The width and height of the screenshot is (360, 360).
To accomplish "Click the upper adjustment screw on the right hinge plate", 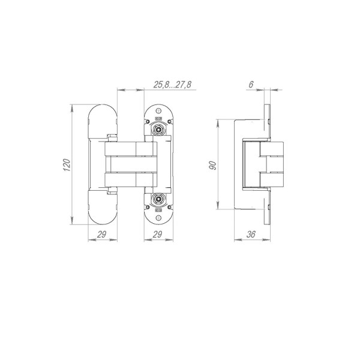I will click(158, 129).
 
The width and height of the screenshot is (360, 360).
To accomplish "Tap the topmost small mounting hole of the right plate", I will click(158, 110).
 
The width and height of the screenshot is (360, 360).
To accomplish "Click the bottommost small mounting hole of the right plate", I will click(158, 219).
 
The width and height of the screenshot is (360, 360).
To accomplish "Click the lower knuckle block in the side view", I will click(272, 177).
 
